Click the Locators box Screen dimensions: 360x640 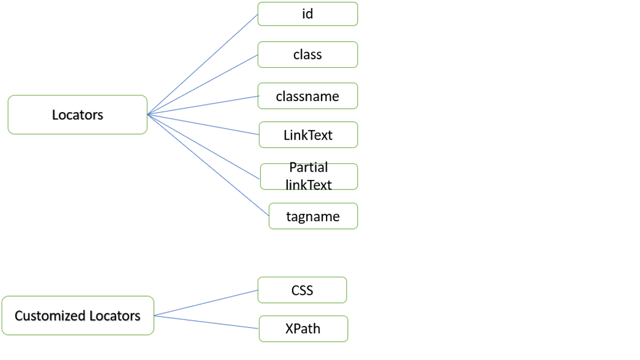click(77, 114)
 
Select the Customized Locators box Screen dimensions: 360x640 click(77, 316)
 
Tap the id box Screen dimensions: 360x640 click(307, 14)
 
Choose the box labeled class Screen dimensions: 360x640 click(307, 54)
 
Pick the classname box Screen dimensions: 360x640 click(307, 96)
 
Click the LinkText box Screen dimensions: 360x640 click(308, 135)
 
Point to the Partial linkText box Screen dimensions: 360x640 click(308, 177)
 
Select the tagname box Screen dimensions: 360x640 click(313, 216)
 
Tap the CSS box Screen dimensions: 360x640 click(302, 290)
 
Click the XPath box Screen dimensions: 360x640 click(303, 329)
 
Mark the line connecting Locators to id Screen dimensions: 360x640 click(203, 64)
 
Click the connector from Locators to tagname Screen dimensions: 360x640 click(208, 165)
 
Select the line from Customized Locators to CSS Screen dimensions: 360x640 click(206, 303)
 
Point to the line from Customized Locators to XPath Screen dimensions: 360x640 click(206, 322)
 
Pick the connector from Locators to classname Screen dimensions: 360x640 click(203, 105)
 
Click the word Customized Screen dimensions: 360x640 click(47, 316)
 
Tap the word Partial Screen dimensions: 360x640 click(308, 168)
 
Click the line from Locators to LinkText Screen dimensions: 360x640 click(203, 124)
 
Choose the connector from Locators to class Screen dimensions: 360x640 click(203, 84)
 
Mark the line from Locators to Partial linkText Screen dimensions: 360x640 click(204, 147)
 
